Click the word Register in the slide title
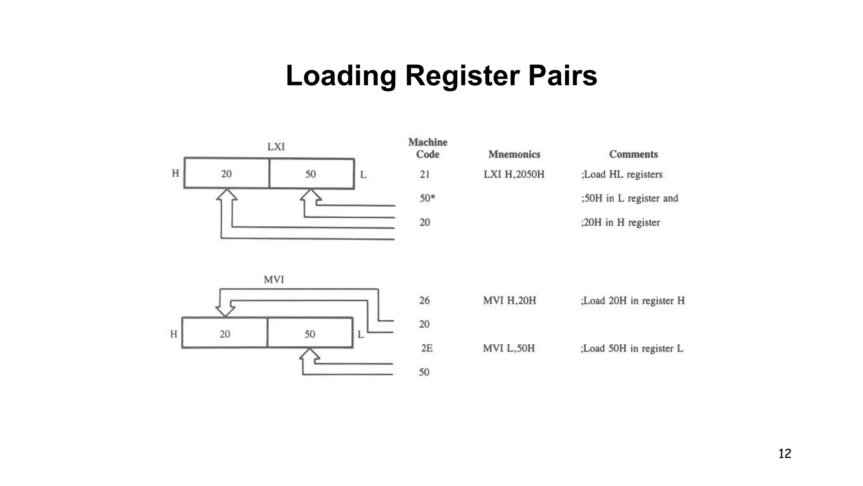tap(462, 76)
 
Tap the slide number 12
tap(785, 454)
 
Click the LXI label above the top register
tap(276, 147)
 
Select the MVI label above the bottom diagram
tap(274, 279)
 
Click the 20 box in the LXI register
tap(227, 173)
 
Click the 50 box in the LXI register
tap(311, 174)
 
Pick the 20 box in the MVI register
tap(225, 333)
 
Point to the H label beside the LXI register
tap(175, 173)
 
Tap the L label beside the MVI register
tap(361, 335)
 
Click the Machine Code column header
tap(428, 148)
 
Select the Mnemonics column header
tap(514, 154)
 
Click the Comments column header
tap(633, 154)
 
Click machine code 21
tap(424, 174)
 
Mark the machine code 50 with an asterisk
tap(427, 198)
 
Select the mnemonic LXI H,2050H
tap(514, 174)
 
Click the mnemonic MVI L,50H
tap(509, 348)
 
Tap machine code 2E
tap(426, 348)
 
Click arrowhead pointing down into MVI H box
tap(225, 311)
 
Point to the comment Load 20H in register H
tap(633, 301)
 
